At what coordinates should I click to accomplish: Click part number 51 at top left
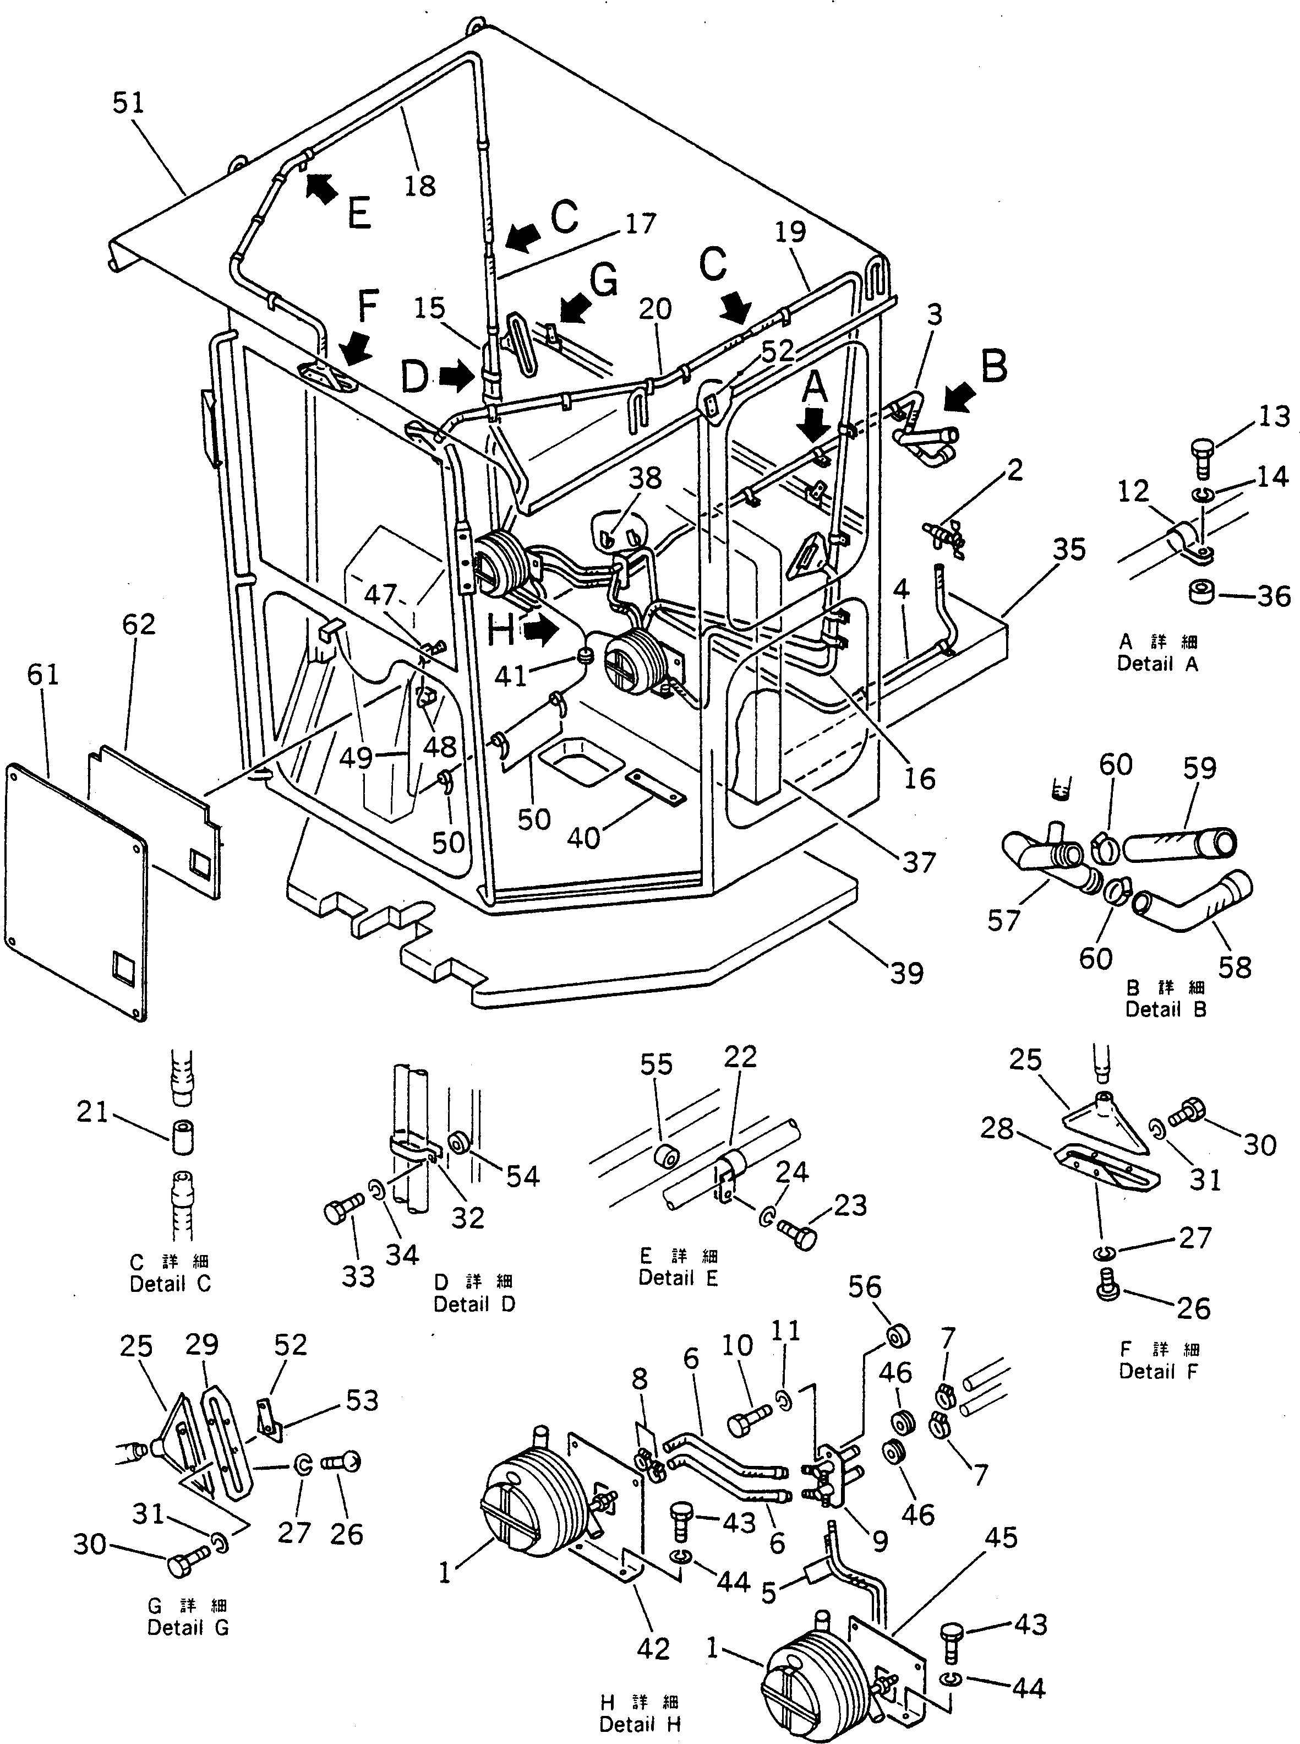coord(128,103)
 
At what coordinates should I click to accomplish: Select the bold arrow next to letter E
coord(320,189)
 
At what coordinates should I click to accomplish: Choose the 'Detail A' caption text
coord(1157,664)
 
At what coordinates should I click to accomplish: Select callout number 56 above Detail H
coord(864,1287)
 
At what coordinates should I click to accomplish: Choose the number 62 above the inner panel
coord(139,624)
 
